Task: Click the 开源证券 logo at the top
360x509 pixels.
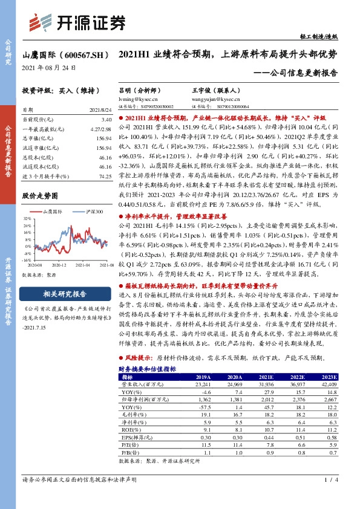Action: coord(77,22)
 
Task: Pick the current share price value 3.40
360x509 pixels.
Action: coord(106,120)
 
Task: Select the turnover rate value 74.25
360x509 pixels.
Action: coord(105,175)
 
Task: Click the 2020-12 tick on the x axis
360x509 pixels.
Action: coord(57,265)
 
